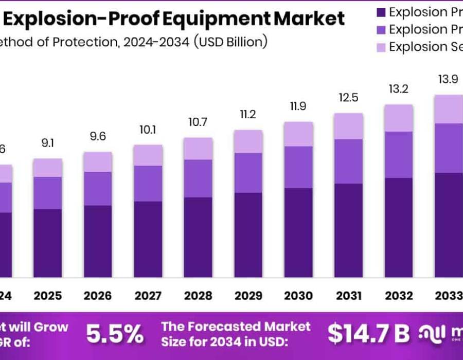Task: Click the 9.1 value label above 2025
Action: click(x=48, y=143)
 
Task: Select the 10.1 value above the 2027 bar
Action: click(x=148, y=129)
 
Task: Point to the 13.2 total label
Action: click(x=398, y=89)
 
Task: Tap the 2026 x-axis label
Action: click(x=98, y=296)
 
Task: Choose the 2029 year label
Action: click(x=248, y=296)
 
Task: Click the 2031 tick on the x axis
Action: click(x=348, y=296)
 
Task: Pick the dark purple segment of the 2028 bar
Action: click(x=198, y=237)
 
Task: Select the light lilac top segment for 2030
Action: click(x=298, y=134)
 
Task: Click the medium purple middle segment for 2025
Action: click(x=48, y=193)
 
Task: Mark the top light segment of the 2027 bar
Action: click(x=148, y=155)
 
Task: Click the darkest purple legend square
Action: click(x=381, y=12)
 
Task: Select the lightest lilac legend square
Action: click(x=381, y=47)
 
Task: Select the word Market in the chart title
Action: click(x=309, y=19)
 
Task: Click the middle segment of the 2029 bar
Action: click(x=248, y=173)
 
